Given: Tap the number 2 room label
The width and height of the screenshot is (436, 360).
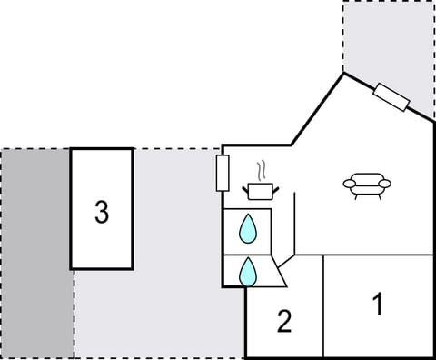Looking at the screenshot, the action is tap(284, 321).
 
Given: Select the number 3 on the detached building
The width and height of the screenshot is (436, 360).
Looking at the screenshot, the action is tap(102, 212).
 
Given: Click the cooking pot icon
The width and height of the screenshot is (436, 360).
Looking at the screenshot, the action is tap(261, 190).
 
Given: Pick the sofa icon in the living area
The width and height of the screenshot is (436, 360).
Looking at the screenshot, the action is tap(367, 185).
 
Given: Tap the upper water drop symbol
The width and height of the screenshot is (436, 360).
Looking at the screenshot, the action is tap(247, 229).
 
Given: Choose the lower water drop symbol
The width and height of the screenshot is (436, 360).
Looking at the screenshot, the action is tap(247, 271).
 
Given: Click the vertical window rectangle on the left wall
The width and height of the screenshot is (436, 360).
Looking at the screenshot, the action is tap(223, 173).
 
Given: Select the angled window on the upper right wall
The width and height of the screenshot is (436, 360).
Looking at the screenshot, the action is tap(392, 97).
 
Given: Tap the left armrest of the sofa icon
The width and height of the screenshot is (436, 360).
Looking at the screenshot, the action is tap(351, 185).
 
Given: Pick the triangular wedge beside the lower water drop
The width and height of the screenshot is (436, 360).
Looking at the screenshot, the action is tap(276, 272).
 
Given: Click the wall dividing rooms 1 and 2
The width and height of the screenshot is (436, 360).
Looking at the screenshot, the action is tap(323, 305).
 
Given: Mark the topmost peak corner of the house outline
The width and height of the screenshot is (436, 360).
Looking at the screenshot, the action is tap(343, 73).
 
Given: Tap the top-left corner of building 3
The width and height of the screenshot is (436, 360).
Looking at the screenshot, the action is tap(72, 149).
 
